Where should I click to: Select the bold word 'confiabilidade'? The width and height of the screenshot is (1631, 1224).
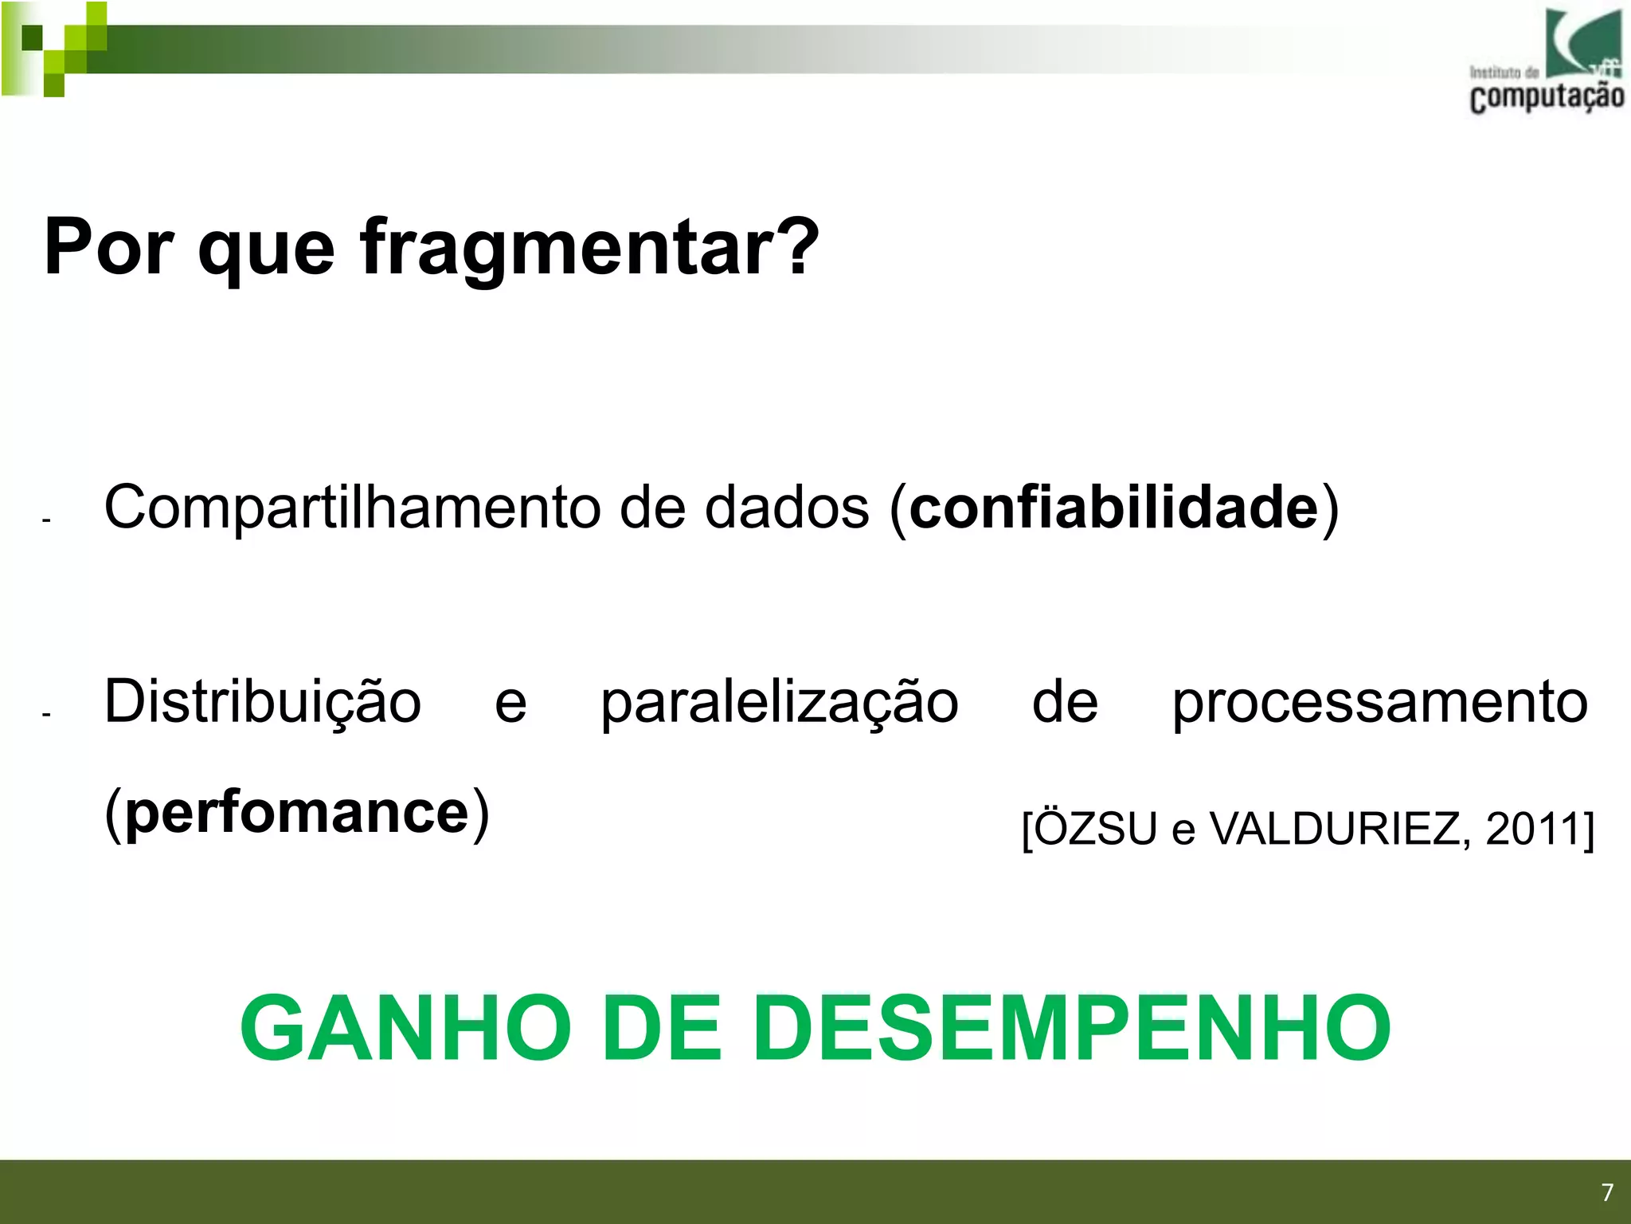click(1113, 508)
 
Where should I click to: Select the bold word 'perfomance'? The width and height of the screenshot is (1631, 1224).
click(297, 814)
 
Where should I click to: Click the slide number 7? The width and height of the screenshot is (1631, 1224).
click(1607, 1192)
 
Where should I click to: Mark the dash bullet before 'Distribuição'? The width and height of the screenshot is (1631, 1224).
click(46, 714)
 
